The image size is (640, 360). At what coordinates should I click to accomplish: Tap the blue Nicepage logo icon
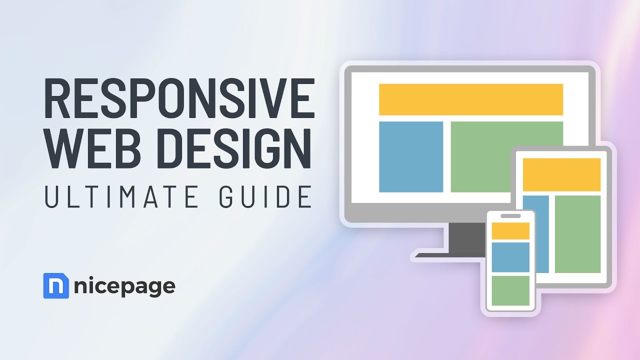[x=56, y=286]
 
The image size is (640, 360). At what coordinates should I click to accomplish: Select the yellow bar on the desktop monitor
[x=470, y=99]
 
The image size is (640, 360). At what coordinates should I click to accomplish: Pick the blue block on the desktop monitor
[x=410, y=156]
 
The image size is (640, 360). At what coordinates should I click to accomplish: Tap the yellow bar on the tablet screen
[x=561, y=174]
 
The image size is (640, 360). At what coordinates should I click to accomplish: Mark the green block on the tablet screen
[x=577, y=234]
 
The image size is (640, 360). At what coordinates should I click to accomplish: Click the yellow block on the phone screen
[x=510, y=231]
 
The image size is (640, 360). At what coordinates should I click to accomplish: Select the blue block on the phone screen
[x=510, y=257]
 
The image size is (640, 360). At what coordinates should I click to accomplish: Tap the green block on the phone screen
[x=510, y=290]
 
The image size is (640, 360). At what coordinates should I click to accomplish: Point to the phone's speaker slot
[x=510, y=216]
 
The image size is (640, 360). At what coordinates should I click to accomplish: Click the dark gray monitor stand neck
[x=466, y=236]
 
